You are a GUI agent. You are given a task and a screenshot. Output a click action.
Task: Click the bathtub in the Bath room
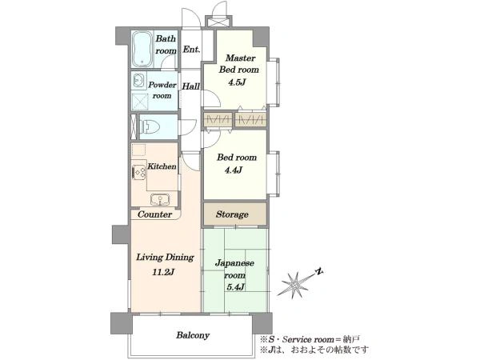pyautogui.click(x=142, y=50)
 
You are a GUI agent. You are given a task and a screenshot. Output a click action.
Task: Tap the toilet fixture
pyautogui.click(x=150, y=126)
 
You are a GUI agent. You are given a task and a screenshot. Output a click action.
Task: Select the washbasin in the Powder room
pyautogui.click(x=139, y=81)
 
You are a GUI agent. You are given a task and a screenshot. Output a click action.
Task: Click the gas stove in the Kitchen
pyautogui.click(x=138, y=172)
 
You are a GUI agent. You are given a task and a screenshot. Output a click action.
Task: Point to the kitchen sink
pyautogui.click(x=160, y=199)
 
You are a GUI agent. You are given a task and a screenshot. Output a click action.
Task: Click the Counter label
pyautogui.click(x=154, y=214)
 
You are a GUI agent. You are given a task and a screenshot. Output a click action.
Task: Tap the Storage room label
pyautogui.click(x=232, y=214)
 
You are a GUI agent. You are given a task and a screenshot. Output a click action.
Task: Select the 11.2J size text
pyautogui.click(x=163, y=272)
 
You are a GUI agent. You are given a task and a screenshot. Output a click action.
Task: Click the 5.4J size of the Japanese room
pyautogui.click(x=235, y=287)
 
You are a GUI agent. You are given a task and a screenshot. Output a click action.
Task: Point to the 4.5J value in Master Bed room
pyautogui.click(x=237, y=82)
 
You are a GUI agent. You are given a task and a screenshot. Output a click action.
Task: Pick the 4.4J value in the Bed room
pyautogui.click(x=234, y=170)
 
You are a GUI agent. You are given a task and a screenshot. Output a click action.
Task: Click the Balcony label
pyautogui.click(x=193, y=335)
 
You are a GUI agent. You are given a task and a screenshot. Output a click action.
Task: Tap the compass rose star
pyautogui.click(x=295, y=284)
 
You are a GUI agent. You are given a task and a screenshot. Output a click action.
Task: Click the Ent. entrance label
pyautogui.click(x=191, y=50)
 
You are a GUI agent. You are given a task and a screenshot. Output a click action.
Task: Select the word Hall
pyautogui.click(x=190, y=86)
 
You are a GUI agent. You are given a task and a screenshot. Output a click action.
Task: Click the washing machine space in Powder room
pyautogui.click(x=139, y=102)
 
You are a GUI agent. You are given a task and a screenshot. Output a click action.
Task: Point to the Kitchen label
pyautogui.click(x=162, y=166)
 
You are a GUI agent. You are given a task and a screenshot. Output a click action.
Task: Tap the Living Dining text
pyautogui.click(x=165, y=257)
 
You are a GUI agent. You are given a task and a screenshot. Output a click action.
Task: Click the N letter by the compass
pyautogui.click(x=319, y=271)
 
